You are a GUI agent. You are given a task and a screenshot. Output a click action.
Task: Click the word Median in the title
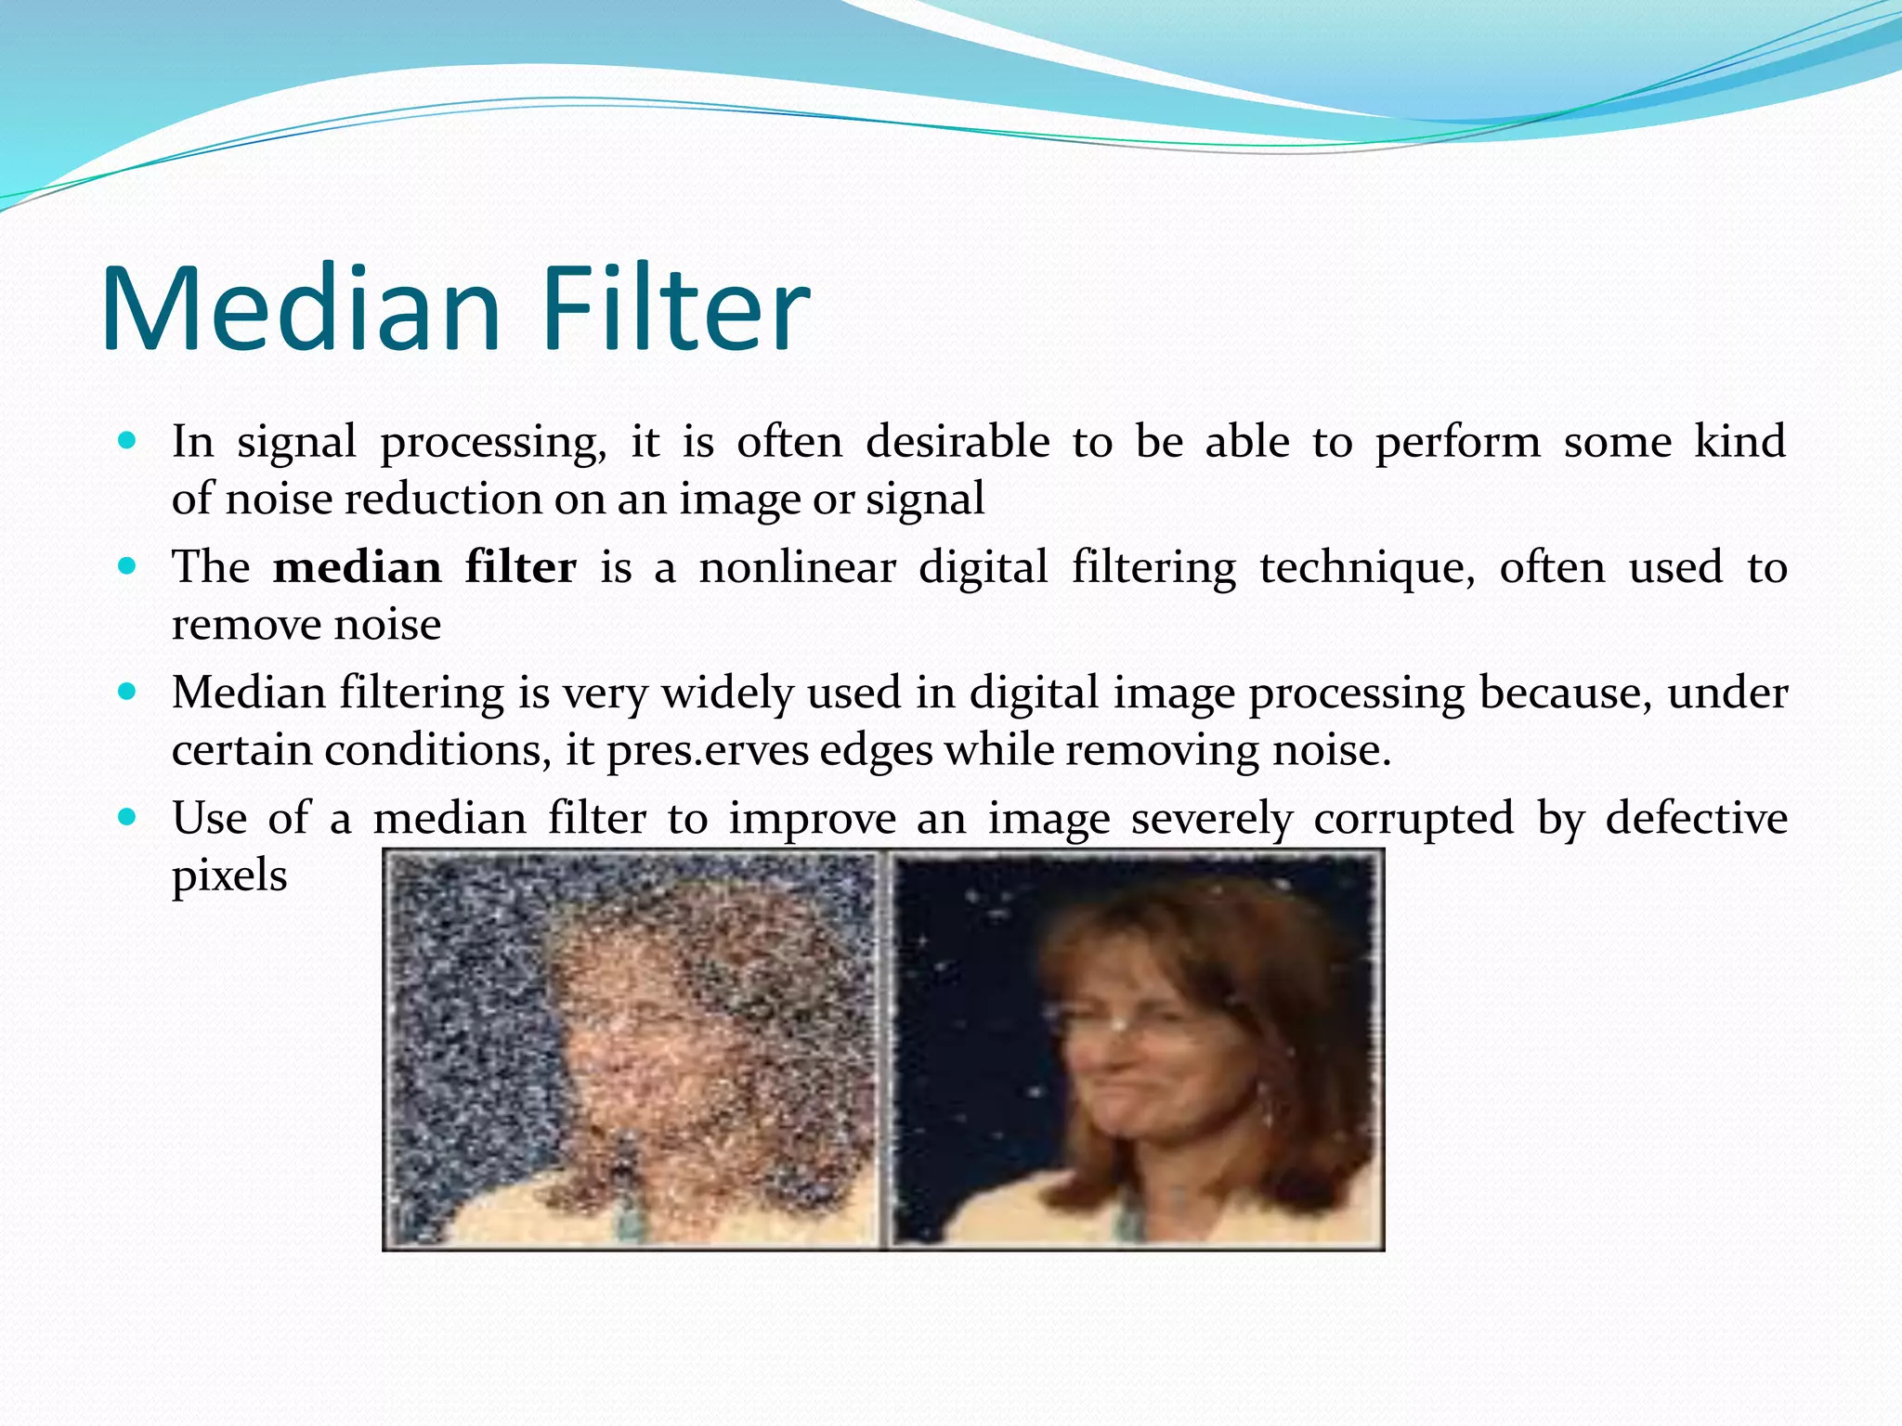[301, 309]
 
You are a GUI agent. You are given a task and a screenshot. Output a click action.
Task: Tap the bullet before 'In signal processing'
[128, 439]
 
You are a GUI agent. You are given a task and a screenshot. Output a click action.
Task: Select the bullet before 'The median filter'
[128, 564]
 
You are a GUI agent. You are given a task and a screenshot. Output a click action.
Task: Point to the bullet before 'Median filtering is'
[128, 691]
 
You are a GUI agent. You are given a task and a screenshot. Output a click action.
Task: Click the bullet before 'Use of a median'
[128, 816]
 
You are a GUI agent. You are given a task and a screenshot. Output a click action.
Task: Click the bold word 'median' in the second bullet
[357, 567]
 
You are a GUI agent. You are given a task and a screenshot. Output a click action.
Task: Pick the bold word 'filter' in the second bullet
[520, 567]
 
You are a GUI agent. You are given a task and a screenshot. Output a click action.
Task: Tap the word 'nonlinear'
[797, 567]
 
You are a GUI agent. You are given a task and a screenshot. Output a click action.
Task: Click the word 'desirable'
[958, 442]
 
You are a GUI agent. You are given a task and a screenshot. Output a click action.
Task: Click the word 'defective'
[1696, 819]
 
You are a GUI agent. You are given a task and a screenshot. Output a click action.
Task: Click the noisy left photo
[632, 1050]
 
